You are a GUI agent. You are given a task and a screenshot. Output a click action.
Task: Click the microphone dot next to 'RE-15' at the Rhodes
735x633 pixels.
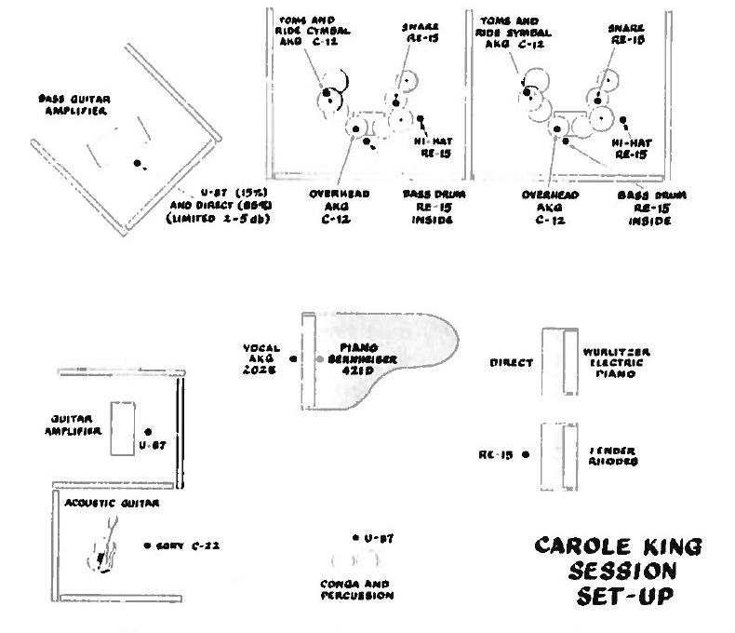coord(526,455)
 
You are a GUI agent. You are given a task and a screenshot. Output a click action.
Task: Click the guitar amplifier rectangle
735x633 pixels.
coord(124,428)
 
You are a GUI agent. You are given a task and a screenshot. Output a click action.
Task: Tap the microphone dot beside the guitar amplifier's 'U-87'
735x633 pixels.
coord(149,432)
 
